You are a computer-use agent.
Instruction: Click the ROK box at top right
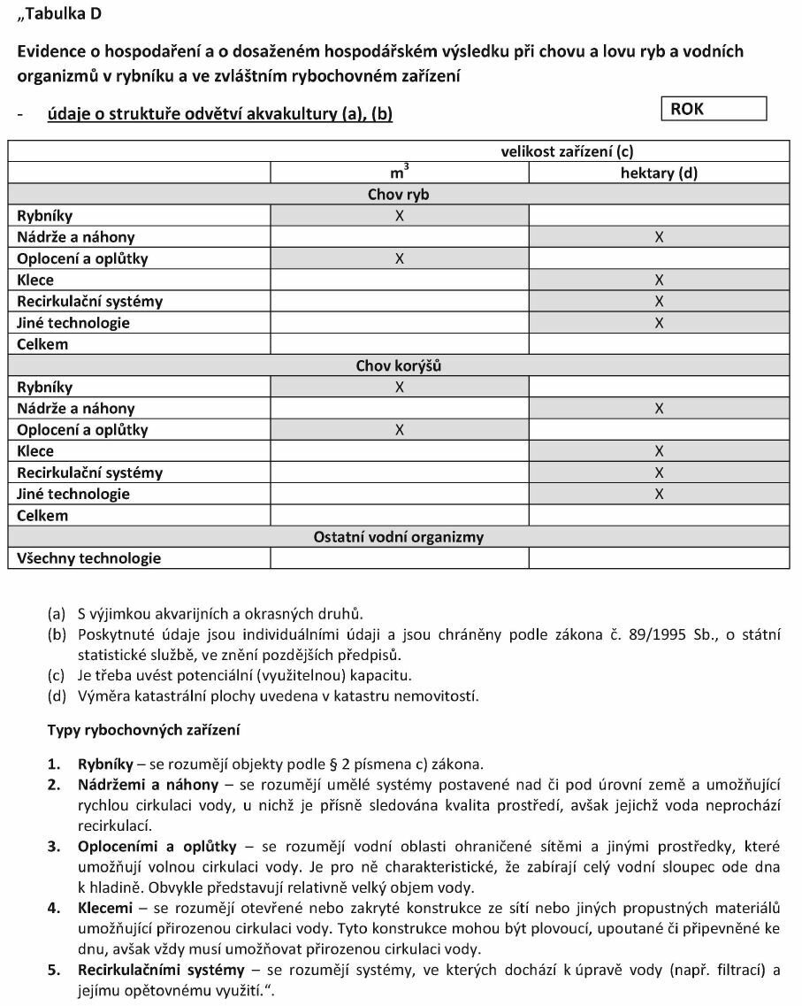tap(714, 109)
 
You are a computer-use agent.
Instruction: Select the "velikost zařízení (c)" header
tap(567, 151)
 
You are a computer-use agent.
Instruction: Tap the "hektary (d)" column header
tap(659, 173)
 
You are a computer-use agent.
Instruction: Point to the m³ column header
tap(399, 173)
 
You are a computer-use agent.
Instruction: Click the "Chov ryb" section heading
tap(398, 195)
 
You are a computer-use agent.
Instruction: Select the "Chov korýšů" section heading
tap(398, 365)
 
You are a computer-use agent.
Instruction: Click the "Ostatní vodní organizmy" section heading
tap(398, 537)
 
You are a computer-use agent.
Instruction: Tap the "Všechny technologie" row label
tap(89, 558)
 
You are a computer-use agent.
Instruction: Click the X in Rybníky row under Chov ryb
tap(399, 216)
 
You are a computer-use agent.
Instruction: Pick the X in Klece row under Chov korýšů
tap(659, 451)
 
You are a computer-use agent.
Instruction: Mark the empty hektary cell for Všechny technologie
tap(659, 558)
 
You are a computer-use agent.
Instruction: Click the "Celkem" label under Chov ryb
tap(42, 344)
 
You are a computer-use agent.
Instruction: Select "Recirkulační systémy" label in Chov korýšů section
tap(90, 472)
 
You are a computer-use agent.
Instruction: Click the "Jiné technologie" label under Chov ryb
tap(73, 323)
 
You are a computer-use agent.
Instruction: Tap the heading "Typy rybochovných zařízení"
tap(142, 731)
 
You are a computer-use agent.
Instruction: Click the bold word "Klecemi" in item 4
tap(105, 908)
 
